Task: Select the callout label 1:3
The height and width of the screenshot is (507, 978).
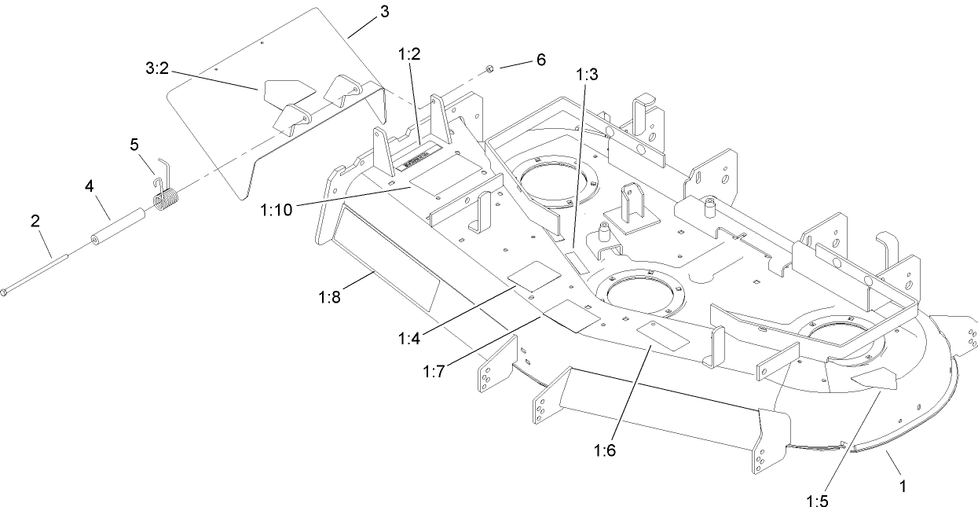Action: click(x=587, y=75)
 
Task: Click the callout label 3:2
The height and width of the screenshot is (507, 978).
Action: click(x=157, y=69)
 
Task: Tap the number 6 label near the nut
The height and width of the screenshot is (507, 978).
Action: click(x=540, y=60)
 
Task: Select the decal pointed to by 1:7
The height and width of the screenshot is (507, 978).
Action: click(x=571, y=314)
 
